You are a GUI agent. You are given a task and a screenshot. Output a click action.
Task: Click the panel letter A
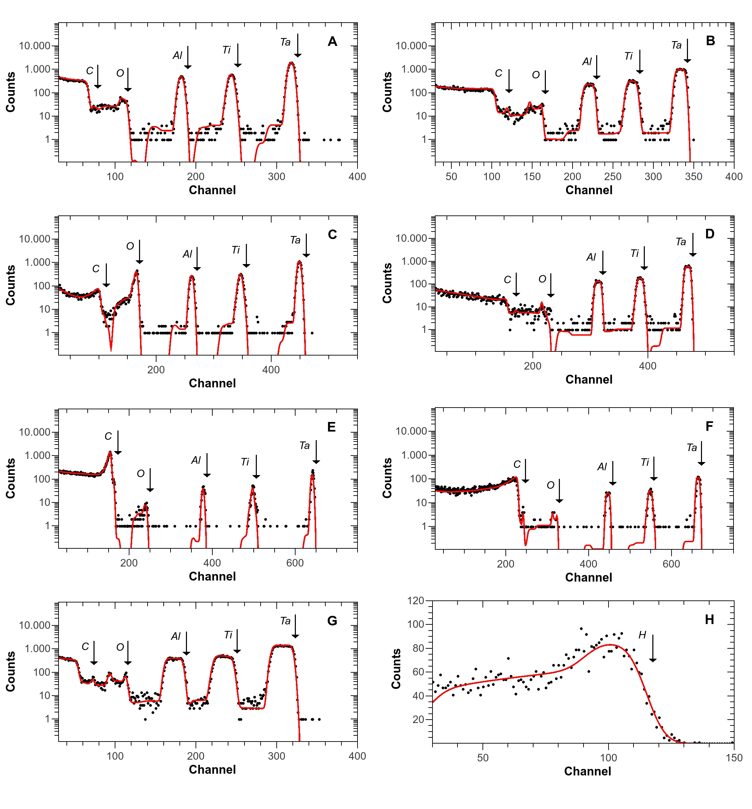(332, 41)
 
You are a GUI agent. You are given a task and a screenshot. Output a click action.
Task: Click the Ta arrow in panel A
(298, 46)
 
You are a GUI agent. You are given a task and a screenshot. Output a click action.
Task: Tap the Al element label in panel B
(587, 61)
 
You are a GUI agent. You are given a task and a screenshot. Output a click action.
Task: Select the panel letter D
(709, 234)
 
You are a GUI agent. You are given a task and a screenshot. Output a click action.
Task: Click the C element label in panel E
(108, 436)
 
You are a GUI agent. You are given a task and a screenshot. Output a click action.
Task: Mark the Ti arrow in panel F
(653, 469)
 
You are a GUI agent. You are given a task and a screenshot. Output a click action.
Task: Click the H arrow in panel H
(652, 648)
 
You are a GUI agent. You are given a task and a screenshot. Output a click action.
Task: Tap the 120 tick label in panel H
(415, 601)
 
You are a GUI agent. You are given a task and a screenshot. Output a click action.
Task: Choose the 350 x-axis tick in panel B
(693, 177)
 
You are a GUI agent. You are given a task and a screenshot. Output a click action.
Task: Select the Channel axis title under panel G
(212, 770)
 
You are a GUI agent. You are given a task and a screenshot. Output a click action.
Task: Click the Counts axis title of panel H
(396, 669)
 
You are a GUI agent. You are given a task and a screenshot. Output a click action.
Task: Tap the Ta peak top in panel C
(299, 262)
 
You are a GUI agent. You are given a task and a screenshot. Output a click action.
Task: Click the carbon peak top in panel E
(110, 452)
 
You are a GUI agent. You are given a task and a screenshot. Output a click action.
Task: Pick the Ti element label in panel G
(228, 635)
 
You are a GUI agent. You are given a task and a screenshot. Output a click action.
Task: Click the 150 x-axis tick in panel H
(734, 758)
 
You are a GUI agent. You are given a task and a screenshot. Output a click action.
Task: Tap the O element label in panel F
(550, 485)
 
